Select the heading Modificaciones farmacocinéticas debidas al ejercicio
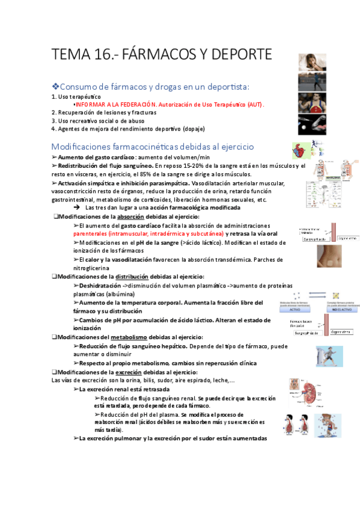coord(153,146)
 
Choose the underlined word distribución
coord(136,276)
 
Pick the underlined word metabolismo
coord(136,337)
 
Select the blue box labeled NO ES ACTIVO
coord(343,310)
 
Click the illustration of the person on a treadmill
coord(329,357)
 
